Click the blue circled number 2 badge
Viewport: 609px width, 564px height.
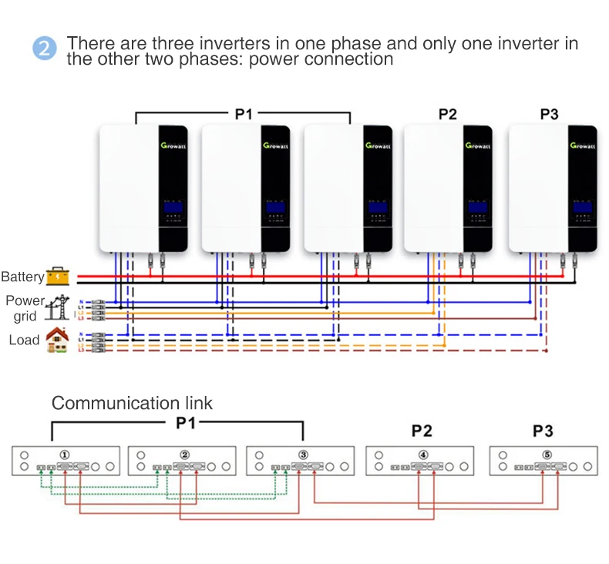(45, 49)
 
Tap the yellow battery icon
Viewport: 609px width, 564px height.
(57, 276)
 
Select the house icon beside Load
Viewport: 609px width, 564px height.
(57, 340)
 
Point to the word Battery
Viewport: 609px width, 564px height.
(22, 277)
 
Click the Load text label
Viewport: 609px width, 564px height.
(24, 340)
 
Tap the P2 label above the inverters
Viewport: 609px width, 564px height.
(447, 115)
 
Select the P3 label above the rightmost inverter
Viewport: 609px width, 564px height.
(549, 115)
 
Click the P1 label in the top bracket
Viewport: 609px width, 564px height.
(244, 114)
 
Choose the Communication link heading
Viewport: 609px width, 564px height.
(132, 403)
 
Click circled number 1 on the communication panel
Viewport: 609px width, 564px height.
(66, 454)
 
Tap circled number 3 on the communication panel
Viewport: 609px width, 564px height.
(303, 454)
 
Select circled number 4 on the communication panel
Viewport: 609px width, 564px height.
(422, 454)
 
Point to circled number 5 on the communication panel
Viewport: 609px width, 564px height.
(547, 454)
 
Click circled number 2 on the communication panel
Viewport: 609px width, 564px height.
(184, 454)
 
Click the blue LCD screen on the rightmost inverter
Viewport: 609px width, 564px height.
(581, 207)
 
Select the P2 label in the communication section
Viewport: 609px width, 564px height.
(422, 430)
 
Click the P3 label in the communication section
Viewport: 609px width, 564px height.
(543, 430)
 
